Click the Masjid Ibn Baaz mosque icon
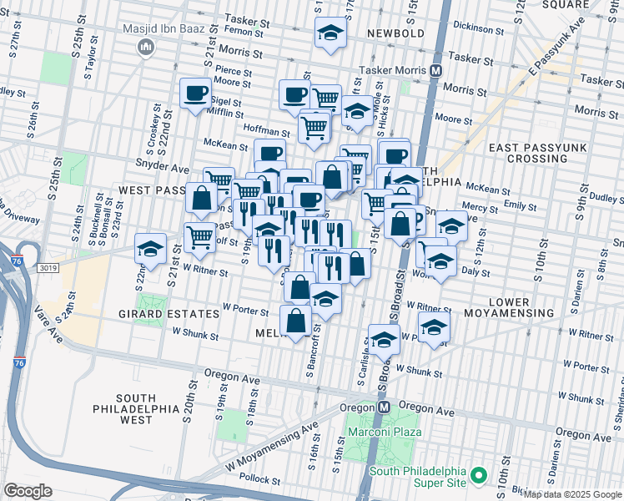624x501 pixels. click(x=148, y=48)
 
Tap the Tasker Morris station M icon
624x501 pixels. click(x=435, y=72)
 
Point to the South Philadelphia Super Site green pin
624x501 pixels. click(x=478, y=476)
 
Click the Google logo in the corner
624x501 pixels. click(x=28, y=491)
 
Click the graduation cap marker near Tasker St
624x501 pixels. click(x=330, y=34)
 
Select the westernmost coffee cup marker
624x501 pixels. click(x=196, y=93)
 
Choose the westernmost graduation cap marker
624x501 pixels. click(x=150, y=248)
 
